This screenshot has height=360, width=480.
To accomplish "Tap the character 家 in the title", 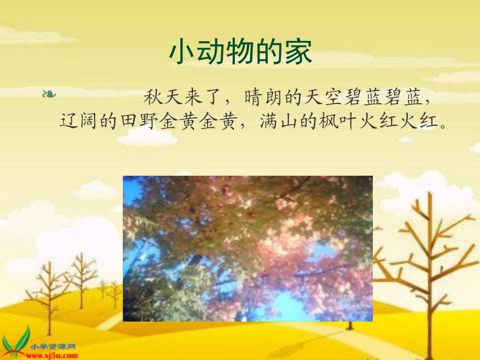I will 298,52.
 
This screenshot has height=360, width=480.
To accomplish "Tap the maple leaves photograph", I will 248,248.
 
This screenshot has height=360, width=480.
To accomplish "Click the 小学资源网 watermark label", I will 53,347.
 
